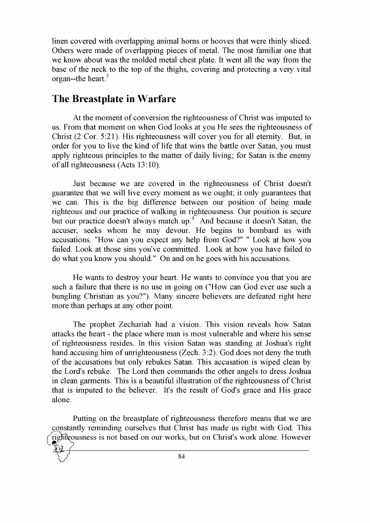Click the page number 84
[x=181, y=456]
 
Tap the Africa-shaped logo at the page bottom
[x=60, y=447]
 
